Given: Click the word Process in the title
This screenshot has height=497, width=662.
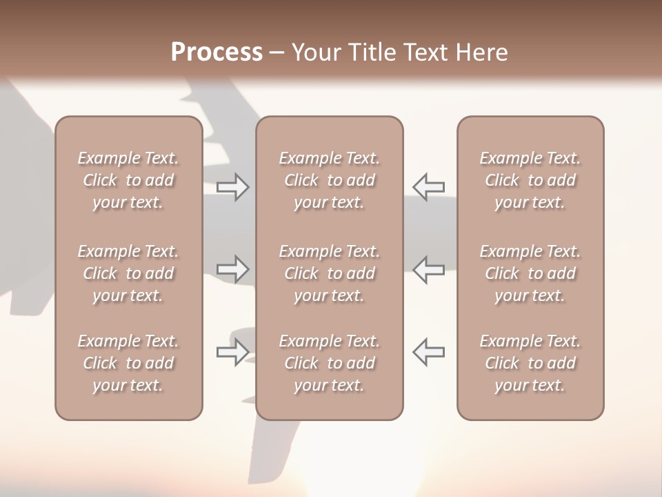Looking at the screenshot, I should point(217,52).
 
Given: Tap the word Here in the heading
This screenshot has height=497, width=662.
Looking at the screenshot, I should point(482,52).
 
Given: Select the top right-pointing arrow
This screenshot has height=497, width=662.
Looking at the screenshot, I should point(232,187).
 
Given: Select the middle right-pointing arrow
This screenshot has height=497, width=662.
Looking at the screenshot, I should point(232,269).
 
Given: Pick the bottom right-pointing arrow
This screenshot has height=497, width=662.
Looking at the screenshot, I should point(232,352).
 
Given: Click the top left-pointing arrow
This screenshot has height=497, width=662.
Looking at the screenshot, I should point(428,187).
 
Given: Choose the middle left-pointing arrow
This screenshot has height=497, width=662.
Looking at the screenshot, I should point(428,269).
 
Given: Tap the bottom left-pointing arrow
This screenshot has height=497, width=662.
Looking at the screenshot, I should point(428,352).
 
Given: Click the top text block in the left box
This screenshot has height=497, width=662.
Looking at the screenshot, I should point(128,180).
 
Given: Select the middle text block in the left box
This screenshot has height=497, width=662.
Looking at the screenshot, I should point(128,273).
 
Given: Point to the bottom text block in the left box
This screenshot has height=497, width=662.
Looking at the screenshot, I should point(128,363).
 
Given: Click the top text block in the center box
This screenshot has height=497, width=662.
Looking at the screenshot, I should point(330,180).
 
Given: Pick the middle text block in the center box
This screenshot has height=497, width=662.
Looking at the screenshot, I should point(330,273).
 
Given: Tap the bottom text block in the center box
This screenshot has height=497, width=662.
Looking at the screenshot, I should point(330,363).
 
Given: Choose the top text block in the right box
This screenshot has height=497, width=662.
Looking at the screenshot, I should point(530,180).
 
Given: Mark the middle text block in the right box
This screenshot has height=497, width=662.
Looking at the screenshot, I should point(530,273).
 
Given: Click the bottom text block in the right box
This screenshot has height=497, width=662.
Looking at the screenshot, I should point(530,363).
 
